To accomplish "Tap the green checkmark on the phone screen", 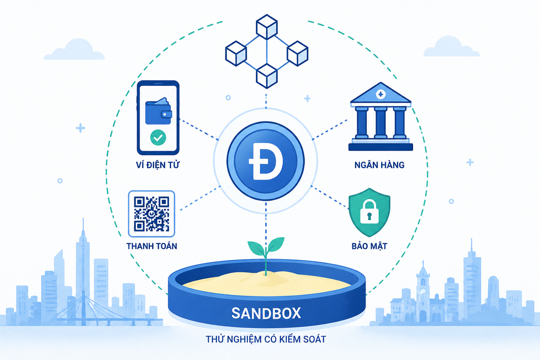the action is click(x=158, y=137).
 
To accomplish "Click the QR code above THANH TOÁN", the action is click(x=152, y=214).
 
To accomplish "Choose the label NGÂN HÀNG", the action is click(x=379, y=165).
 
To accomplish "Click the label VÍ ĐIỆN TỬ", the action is click(x=157, y=165).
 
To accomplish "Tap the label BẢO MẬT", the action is click(x=369, y=246).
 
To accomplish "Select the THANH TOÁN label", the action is click(x=152, y=246).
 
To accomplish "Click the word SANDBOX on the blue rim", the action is click(x=266, y=313).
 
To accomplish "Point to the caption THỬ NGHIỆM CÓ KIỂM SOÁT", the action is click(x=266, y=339).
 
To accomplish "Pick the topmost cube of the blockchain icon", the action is click(x=266, y=26).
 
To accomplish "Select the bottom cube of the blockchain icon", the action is click(x=266, y=76).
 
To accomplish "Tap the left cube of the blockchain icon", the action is click(x=236, y=53).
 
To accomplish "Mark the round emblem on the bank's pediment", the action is click(x=381, y=94).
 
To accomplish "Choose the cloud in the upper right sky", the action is click(x=451, y=47).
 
